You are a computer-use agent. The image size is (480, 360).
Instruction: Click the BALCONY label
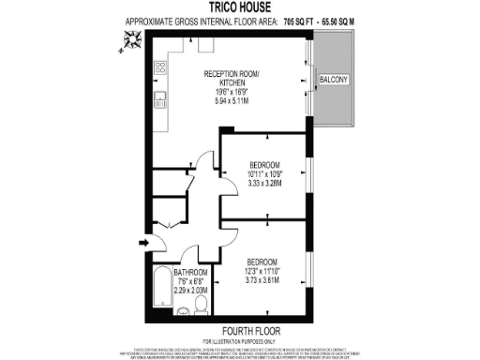click(334, 81)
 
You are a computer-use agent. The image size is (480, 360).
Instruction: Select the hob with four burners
click(159, 67)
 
